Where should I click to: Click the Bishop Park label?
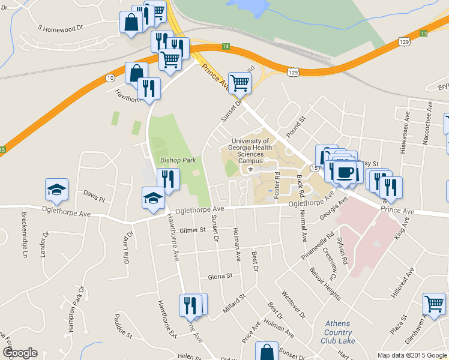point(178,161)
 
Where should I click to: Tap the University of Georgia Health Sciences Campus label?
point(251,151)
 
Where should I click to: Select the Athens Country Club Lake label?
point(339,332)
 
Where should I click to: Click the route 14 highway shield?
point(225,46)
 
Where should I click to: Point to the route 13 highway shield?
point(423,33)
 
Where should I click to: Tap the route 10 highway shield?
point(109,78)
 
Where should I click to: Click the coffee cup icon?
point(345,173)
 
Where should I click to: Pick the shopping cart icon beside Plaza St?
point(434,303)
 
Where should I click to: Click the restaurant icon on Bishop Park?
point(168,179)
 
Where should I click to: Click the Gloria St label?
point(220,277)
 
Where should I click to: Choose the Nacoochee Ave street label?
point(429,120)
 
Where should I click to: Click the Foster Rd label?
point(277,184)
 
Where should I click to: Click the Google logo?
point(20,353)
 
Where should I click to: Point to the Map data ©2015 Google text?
point(412,355)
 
